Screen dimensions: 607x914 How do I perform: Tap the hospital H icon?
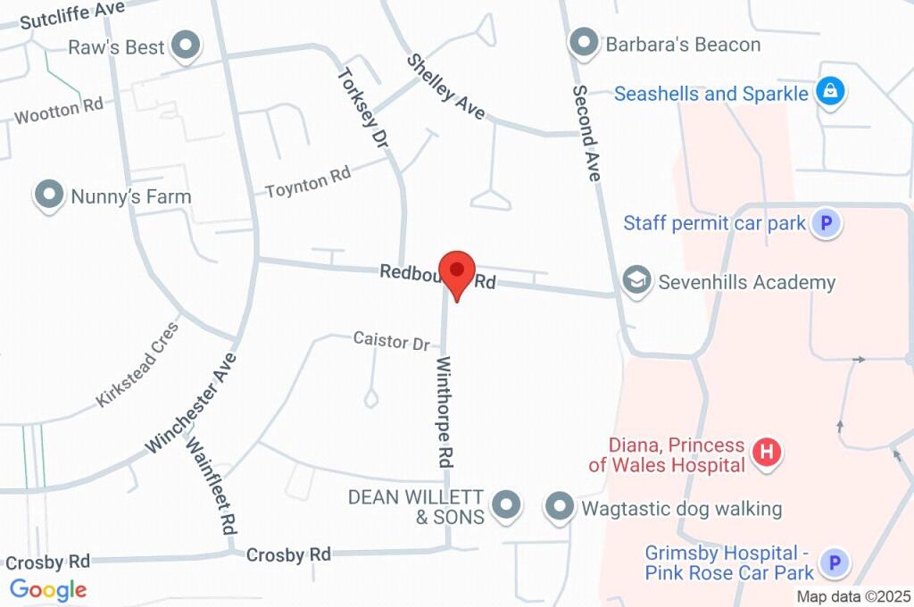point(765,453)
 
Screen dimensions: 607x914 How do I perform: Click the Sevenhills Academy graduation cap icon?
point(636,281)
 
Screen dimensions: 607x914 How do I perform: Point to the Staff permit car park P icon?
point(827,223)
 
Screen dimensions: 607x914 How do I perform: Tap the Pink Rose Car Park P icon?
point(835,562)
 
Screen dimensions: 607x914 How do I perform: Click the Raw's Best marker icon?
point(187,46)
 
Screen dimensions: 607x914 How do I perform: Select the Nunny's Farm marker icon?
point(48,195)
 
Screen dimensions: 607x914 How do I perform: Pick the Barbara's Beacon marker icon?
point(583,43)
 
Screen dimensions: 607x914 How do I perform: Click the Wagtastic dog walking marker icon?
point(560,507)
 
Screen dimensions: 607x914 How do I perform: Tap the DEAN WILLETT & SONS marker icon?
point(507,505)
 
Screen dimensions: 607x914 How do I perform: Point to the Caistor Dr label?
point(391,340)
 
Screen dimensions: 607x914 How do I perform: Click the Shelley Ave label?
point(445,87)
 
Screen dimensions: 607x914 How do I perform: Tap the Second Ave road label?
point(586,134)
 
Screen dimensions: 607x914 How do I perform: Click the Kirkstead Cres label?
point(137,365)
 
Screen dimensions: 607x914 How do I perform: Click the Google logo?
point(48,589)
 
